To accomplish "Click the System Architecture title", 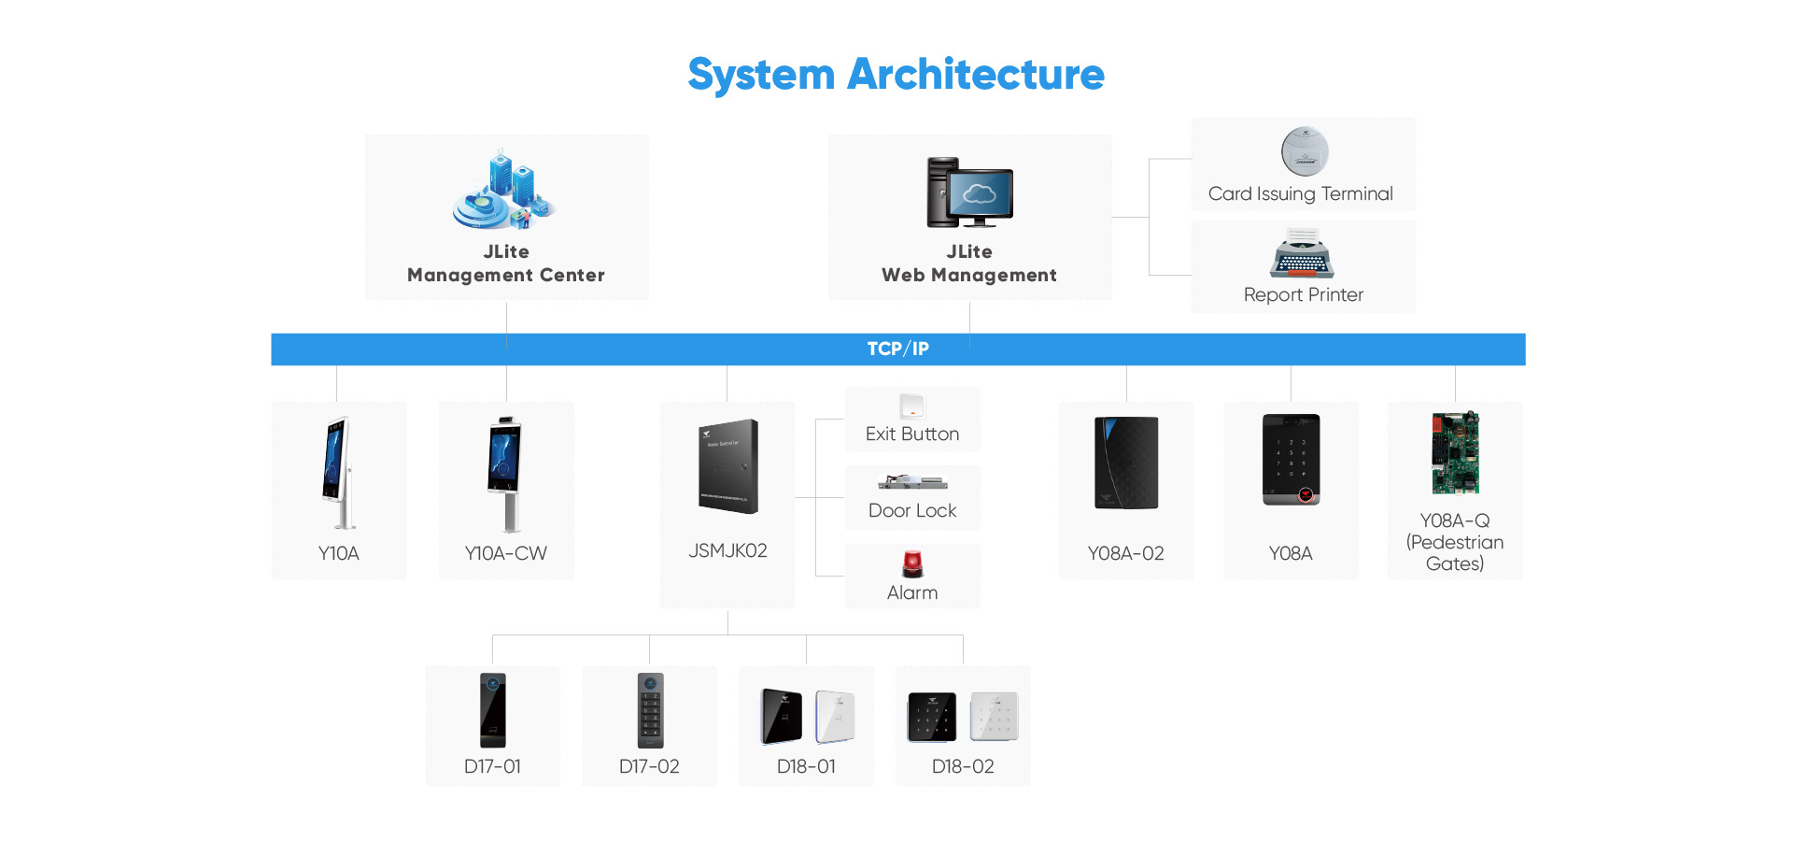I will tap(896, 75).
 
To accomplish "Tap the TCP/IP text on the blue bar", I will tap(897, 349).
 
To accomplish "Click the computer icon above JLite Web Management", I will tap(969, 192).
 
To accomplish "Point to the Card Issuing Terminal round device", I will tap(1304, 151).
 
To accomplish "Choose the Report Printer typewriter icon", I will tap(1302, 254).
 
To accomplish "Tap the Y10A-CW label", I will tap(505, 553).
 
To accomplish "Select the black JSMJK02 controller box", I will tap(728, 466).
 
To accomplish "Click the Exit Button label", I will tap(911, 434).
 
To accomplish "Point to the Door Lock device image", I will tap(912, 483).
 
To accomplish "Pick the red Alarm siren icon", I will tap(912, 563).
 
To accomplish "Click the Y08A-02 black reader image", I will tap(1126, 463).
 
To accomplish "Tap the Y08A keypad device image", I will tap(1291, 459).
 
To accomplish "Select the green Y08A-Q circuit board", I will tap(1455, 453).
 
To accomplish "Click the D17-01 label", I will tap(492, 766).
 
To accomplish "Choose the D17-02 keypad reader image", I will tap(650, 710).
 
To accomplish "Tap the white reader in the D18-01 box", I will tap(835, 717).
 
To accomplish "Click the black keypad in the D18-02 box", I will tap(932, 717).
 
